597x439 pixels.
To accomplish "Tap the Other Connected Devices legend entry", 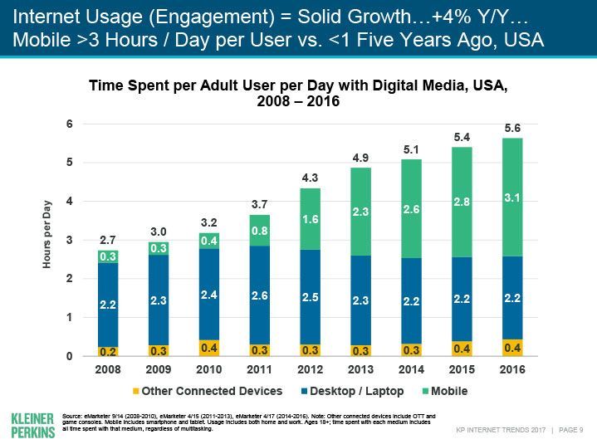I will click(x=207, y=391).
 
